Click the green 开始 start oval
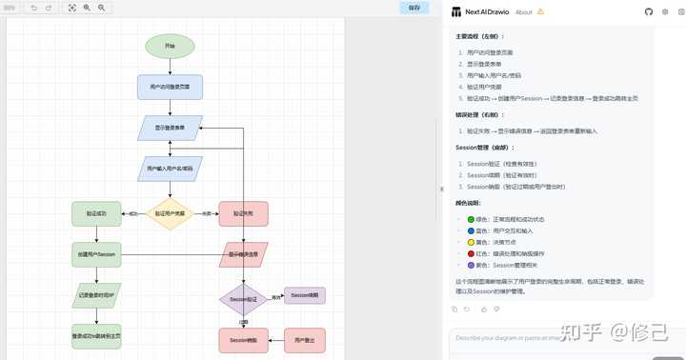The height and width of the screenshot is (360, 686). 170,46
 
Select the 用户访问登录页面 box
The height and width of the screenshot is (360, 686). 170,87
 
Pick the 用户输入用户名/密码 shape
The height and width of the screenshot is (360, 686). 170,169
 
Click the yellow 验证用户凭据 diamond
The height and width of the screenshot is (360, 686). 170,213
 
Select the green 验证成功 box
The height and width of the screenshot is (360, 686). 96,213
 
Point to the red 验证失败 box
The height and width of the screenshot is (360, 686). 243,213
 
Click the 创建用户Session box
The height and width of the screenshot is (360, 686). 96,254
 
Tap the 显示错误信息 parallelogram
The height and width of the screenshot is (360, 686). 243,254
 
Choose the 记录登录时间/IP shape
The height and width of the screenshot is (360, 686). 96,295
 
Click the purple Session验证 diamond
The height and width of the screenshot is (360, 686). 243,299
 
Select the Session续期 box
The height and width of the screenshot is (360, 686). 305,295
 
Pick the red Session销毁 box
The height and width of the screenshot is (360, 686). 243,338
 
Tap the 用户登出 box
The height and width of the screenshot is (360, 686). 305,338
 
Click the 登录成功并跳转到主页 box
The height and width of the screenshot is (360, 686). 96,336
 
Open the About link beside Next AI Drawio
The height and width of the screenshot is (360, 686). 523,12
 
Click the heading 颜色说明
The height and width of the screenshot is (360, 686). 469,203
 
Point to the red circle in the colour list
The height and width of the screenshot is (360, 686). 471,253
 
